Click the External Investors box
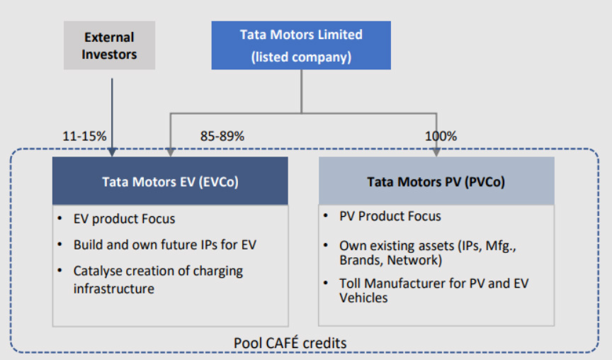pos(109,45)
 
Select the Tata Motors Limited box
pos(301,45)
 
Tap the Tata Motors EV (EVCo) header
pos(170,181)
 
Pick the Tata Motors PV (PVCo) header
pos(436,181)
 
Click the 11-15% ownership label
pos(84,136)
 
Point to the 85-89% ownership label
pos(222,136)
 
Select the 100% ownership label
pos(441,136)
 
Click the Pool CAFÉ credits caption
pos(290,343)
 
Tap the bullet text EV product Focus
pos(124,219)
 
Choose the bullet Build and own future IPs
pos(165,244)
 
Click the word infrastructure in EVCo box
pos(114,288)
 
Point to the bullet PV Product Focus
pos(390,216)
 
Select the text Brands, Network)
pos(391,260)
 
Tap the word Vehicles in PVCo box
pos(363,298)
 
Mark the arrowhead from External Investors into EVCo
pos(112,152)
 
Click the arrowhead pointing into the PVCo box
pos(436,152)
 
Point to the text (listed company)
pos(301,57)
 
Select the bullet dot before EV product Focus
pos(59,218)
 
